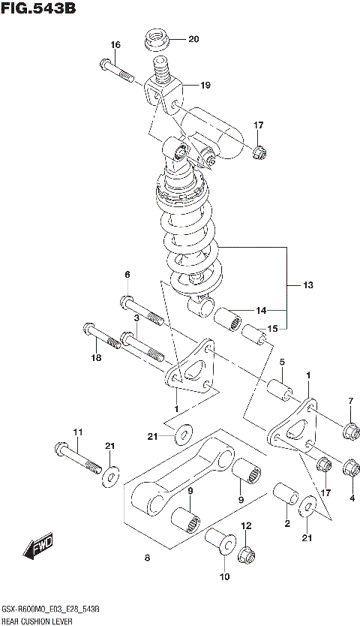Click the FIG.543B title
pos(39,10)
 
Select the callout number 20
pos(193,39)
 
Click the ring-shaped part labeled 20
pos(157,38)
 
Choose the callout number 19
pos(205,85)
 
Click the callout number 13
pos(308,285)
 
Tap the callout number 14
pos(260,310)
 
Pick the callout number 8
pos(146,558)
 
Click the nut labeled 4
pos(349,469)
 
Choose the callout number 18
pos(95,359)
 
